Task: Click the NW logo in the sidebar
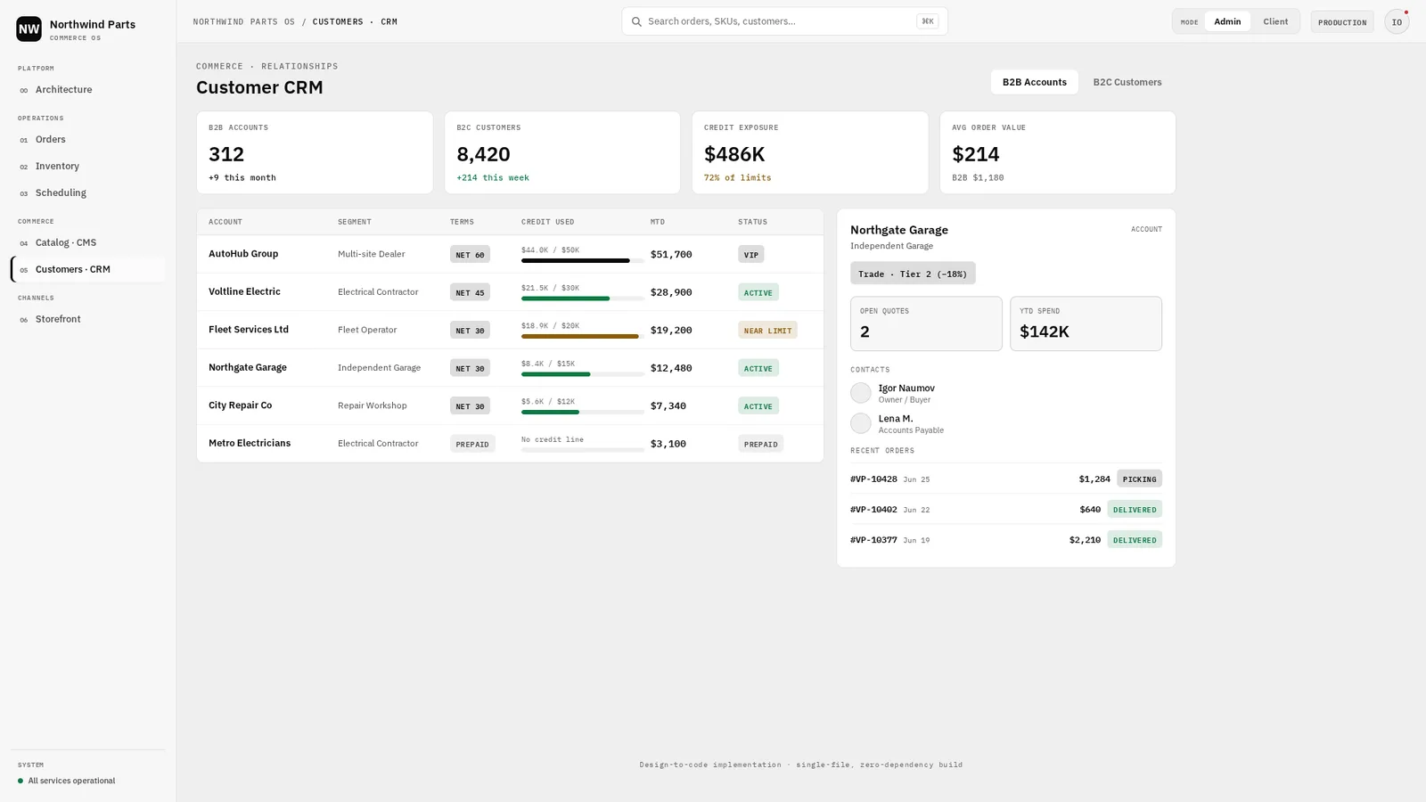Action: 29,29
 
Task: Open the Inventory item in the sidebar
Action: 57,166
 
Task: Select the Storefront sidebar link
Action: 58,319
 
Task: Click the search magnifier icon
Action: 636,21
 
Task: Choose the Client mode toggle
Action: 1275,21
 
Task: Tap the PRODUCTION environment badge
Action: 1342,22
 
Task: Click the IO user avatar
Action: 1397,22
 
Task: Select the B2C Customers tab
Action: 1127,82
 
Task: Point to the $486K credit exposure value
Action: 734,154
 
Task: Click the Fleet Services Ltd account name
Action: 249,330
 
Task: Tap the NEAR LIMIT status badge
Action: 767,331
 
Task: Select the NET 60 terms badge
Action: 470,255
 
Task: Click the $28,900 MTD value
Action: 671,292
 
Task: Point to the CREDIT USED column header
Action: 547,222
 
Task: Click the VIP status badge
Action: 751,255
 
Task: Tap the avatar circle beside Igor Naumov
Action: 861,393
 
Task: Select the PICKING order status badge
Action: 1139,479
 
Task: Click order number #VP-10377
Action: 873,540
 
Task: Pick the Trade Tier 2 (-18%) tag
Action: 913,274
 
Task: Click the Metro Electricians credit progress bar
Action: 583,450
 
